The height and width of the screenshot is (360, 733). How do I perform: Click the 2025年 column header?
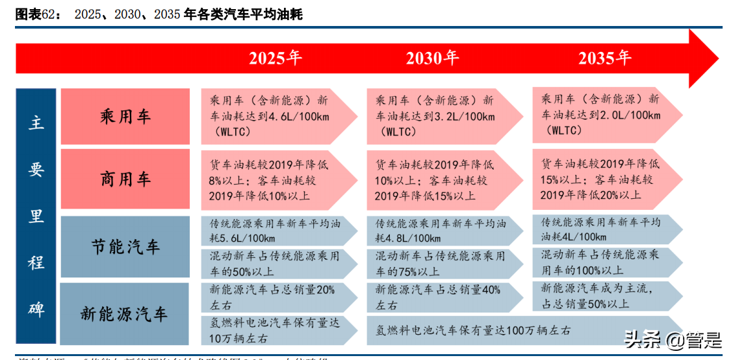point(276,58)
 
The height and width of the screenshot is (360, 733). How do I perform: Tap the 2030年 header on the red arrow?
point(433,58)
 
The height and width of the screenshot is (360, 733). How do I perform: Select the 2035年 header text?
point(604,58)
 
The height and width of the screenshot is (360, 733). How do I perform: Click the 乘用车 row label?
point(125,116)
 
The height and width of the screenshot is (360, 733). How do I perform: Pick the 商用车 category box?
point(125,179)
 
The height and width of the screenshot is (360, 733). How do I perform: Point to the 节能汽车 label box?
point(125,247)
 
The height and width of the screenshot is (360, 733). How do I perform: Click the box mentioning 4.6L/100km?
point(273,116)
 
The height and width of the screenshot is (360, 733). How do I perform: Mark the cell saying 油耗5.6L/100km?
point(273,231)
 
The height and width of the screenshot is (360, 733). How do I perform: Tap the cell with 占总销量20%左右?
point(273,297)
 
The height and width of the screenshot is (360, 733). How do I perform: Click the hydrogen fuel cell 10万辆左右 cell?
point(273,330)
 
